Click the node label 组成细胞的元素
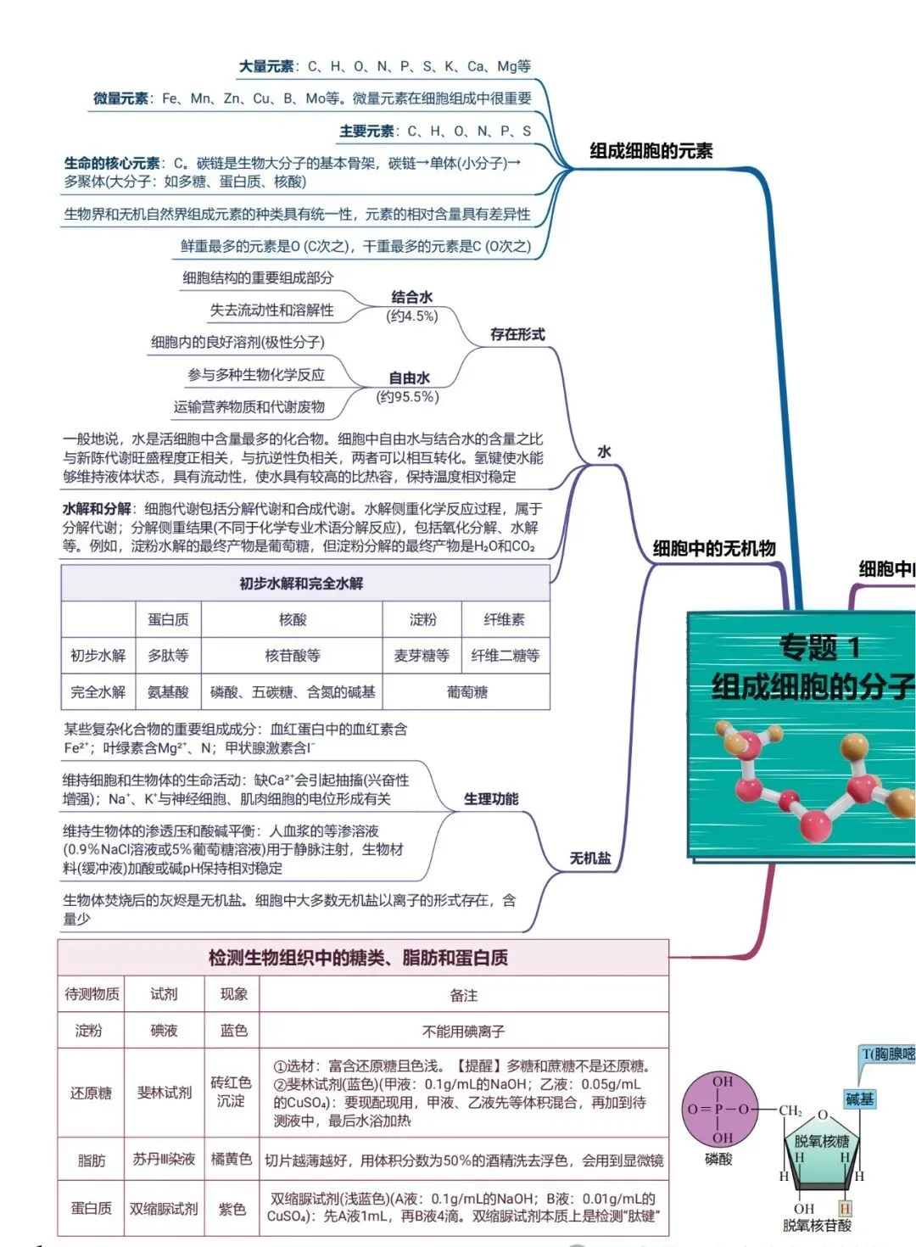pos(651,151)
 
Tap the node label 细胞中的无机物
pos(714,548)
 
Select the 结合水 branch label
pos(412,297)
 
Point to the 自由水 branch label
pos(409,378)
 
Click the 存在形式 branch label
pos(517,334)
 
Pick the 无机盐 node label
pos(590,858)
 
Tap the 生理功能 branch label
pos(491,799)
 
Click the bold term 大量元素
pos(266,67)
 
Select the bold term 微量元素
pos(120,98)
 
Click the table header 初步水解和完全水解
pos(301,584)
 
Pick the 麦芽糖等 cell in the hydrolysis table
pos(422,656)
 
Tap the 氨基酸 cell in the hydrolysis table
pos(168,692)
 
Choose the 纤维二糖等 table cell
pos(505,656)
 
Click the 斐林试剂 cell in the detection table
pos(165,1093)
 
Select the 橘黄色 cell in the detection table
pos(232,1159)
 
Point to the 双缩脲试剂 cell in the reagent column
pos(164,1209)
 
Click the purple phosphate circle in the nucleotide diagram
pos(721,1110)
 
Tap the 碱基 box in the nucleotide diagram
pos(860,1099)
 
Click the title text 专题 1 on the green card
pos(818,647)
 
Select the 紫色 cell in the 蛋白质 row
pos(232,1209)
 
